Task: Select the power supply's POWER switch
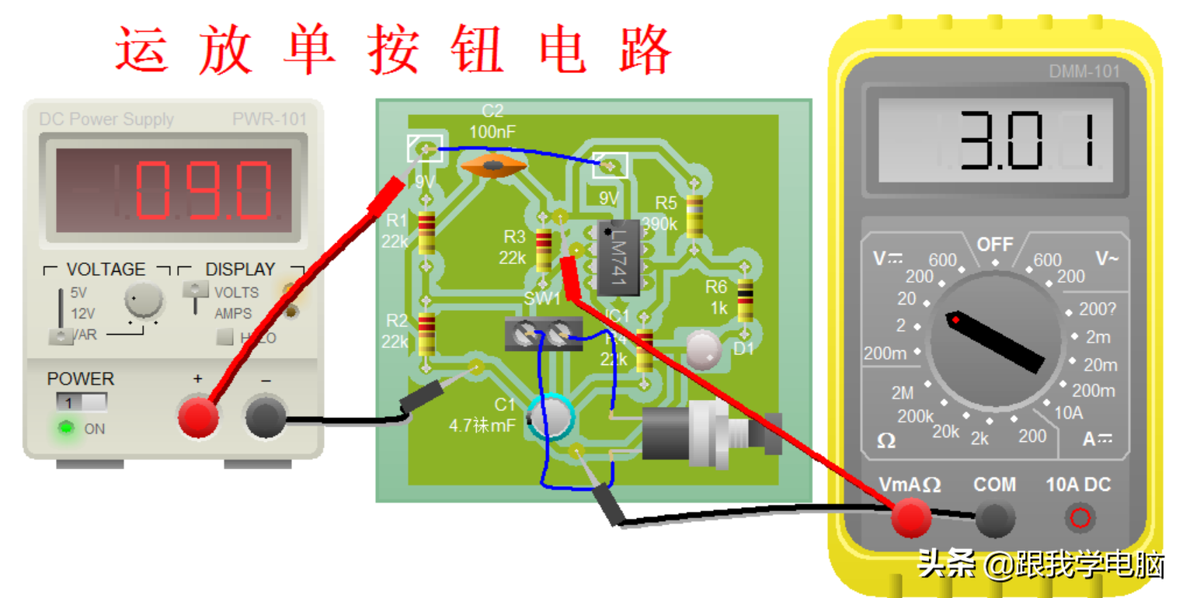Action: (x=81, y=403)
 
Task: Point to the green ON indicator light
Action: (x=68, y=428)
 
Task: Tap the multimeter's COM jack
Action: (x=994, y=518)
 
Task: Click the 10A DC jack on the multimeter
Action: (x=1078, y=517)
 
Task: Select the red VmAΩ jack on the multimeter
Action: (x=910, y=518)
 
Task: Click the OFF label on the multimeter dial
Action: (x=995, y=245)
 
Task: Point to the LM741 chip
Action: (x=618, y=257)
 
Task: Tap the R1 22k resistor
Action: (x=426, y=234)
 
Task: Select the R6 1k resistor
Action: (x=745, y=301)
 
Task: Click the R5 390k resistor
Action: (x=694, y=216)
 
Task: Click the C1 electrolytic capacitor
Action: (x=551, y=419)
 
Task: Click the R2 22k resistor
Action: (x=426, y=333)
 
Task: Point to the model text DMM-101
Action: (x=1084, y=71)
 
